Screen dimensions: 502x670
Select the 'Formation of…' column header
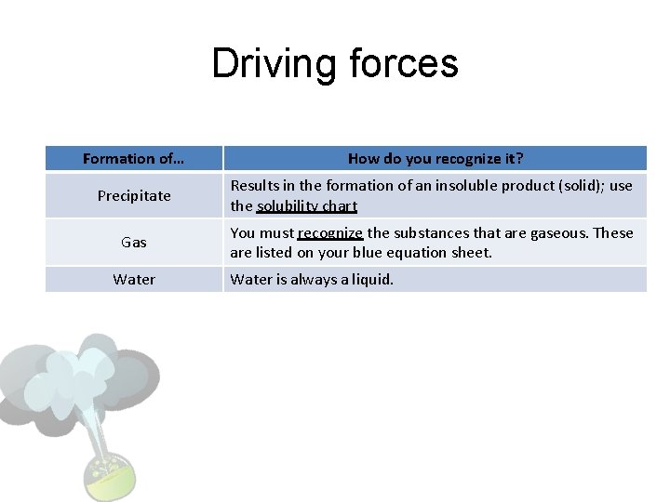coord(133,158)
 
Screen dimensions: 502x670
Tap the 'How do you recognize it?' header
coord(435,158)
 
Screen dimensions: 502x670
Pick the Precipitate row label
coord(134,195)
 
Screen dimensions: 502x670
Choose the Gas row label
coord(134,242)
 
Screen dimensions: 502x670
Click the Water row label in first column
coord(134,279)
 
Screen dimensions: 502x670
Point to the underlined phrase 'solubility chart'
coord(307,205)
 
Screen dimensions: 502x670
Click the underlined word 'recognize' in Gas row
coord(330,232)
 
